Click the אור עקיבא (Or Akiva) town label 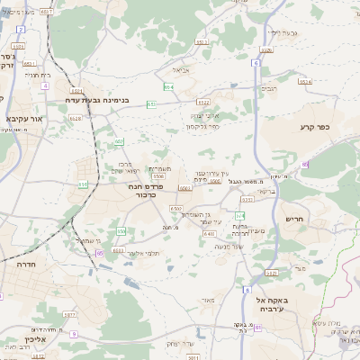click(x=20, y=118)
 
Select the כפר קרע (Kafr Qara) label click(x=316, y=128)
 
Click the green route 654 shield click(x=168, y=87)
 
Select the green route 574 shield click(x=239, y=217)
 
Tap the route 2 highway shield click(x=20, y=30)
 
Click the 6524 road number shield click(x=305, y=81)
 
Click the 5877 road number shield click(x=70, y=314)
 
